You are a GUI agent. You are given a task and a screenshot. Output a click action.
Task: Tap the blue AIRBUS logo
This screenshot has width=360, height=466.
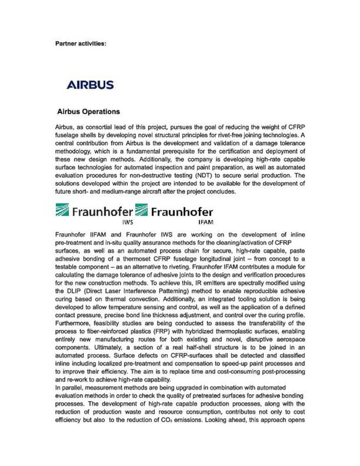(x=90, y=85)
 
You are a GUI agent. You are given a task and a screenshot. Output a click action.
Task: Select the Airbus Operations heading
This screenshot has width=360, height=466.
(x=89, y=111)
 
